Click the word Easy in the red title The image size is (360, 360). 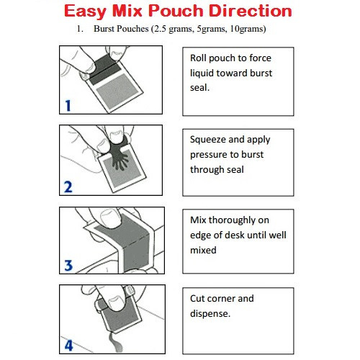(x=90, y=12)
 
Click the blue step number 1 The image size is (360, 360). (x=68, y=105)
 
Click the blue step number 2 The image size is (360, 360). (x=68, y=187)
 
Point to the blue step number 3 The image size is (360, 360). (x=68, y=266)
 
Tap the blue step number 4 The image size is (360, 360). (x=68, y=345)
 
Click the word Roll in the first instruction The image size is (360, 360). (x=199, y=58)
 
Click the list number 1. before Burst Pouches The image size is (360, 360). (x=80, y=30)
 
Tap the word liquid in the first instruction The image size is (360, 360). (x=204, y=72)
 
